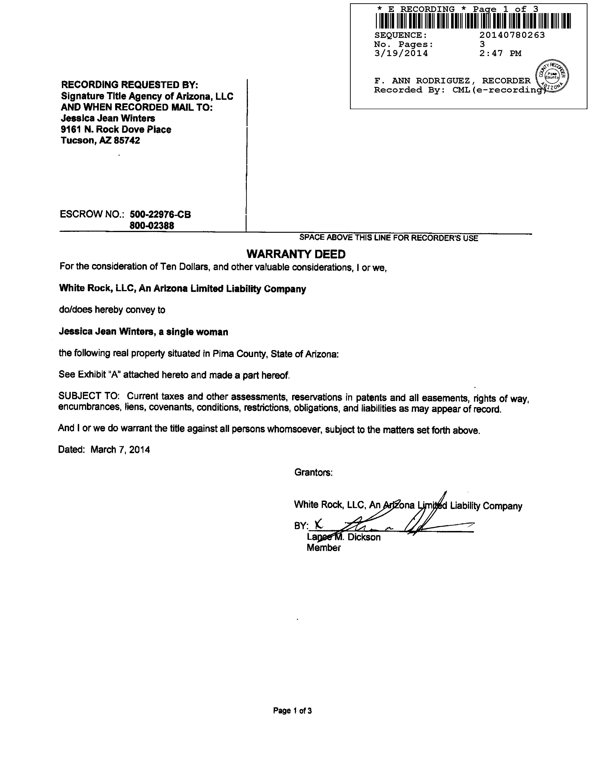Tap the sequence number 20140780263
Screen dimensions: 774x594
(x=512, y=35)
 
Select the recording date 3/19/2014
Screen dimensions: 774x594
(x=401, y=54)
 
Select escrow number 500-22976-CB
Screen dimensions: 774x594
(x=160, y=215)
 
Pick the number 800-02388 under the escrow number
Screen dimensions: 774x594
(x=152, y=226)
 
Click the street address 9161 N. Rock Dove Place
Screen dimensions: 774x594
(x=116, y=129)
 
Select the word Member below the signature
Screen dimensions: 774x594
(x=324, y=548)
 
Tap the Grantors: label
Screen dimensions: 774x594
(x=313, y=473)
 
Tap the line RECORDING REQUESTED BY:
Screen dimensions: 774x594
(x=130, y=85)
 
